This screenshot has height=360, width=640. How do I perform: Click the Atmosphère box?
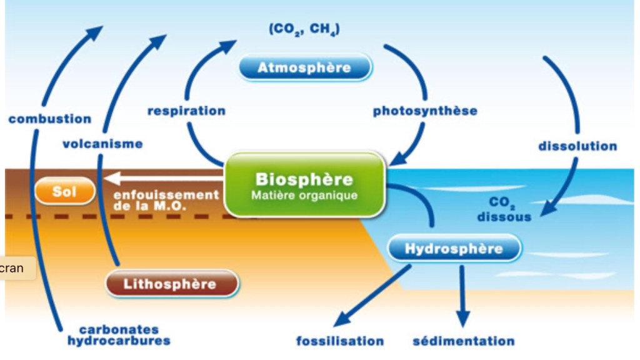tap(304, 67)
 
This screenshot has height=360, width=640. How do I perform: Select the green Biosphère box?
tap(304, 184)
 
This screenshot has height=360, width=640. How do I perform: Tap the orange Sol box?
tap(64, 191)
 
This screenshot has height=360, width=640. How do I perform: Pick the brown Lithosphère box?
tap(171, 284)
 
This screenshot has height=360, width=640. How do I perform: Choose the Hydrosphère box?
tap(454, 249)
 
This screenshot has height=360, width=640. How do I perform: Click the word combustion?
tap(50, 119)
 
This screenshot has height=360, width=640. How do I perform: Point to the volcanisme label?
tap(102, 144)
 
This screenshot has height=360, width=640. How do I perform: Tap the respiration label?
tap(186, 111)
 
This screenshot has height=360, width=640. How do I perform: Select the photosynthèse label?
tap(425, 111)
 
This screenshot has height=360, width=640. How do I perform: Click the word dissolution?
tap(577, 146)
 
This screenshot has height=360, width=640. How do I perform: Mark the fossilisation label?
tap(340, 341)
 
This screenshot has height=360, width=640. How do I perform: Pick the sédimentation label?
tap(464, 341)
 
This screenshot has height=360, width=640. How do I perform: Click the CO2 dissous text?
tap(504, 211)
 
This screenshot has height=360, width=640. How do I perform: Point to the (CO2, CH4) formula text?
tap(304, 29)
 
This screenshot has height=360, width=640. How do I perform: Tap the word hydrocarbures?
tap(119, 341)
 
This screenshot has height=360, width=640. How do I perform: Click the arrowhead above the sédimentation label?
tap(462, 319)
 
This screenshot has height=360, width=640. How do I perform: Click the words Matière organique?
tap(304, 195)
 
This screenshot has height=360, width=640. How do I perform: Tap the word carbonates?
tap(119, 329)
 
